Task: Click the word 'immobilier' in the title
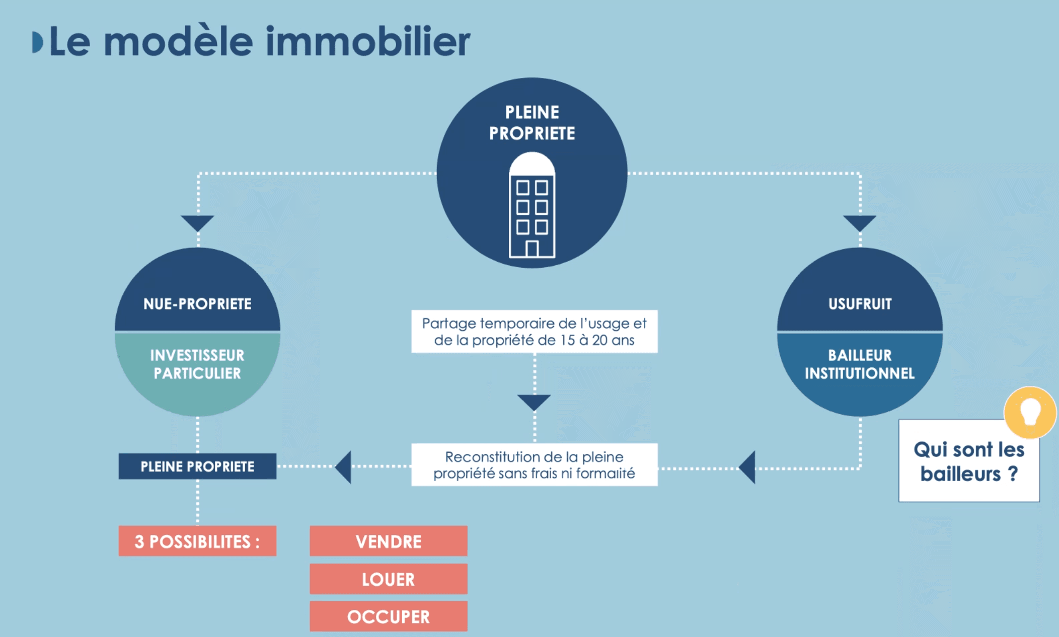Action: click(x=367, y=41)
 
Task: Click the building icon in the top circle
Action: click(x=532, y=206)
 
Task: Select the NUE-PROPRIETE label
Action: click(x=197, y=304)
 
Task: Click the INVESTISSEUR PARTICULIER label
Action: click(x=197, y=364)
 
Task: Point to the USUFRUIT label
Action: click(x=860, y=304)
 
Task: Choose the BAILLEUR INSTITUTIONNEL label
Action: click(x=860, y=364)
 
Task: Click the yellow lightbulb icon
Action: click(x=1030, y=412)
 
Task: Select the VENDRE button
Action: click(x=388, y=541)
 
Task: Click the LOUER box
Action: click(x=388, y=579)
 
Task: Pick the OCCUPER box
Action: click(x=388, y=616)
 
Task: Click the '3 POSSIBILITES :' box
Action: click(x=197, y=541)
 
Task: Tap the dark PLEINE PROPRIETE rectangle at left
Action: click(x=197, y=466)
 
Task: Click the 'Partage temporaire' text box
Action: click(x=534, y=332)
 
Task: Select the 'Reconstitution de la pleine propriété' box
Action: click(x=534, y=465)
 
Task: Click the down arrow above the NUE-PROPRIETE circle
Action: click(x=197, y=222)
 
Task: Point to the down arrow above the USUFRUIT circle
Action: click(x=860, y=222)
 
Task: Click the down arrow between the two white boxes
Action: click(x=534, y=402)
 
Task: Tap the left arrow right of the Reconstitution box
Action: click(x=748, y=467)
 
